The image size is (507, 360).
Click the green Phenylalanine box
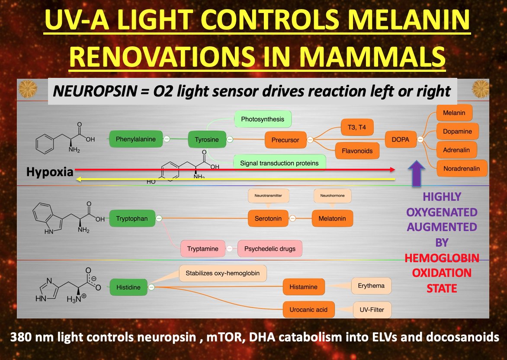pos(135,139)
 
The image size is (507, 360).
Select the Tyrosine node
pos(206,140)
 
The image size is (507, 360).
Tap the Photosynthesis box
pos(263,119)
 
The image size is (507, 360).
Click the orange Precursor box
pos(285,140)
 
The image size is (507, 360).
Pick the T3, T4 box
pos(356,127)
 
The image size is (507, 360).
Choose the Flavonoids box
pos(356,151)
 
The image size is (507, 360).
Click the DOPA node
pos(400,140)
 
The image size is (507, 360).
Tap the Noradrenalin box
pos(462,169)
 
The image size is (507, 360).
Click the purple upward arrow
pos(416,173)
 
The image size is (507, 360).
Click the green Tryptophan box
pos(132,219)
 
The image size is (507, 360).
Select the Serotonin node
pos(268,219)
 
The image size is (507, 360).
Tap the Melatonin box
pos(332,219)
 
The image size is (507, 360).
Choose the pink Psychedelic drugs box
pos(270,249)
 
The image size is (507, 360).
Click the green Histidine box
pos(128,287)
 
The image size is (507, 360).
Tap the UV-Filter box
pos(372,310)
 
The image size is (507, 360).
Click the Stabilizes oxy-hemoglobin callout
pos(223,273)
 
